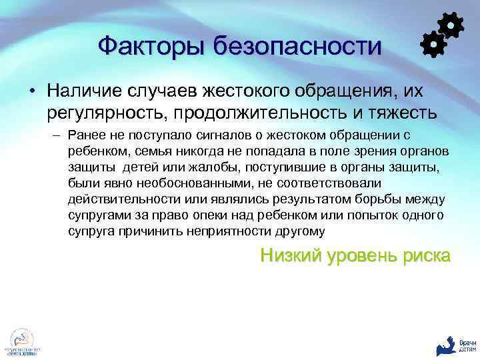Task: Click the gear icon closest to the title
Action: click(x=434, y=43)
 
